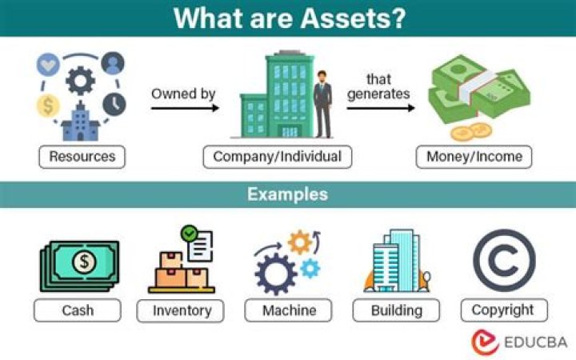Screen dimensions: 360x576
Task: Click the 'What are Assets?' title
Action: (288, 18)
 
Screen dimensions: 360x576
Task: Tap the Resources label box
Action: (82, 157)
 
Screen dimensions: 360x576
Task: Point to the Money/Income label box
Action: (474, 157)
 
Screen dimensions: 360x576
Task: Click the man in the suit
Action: (322, 103)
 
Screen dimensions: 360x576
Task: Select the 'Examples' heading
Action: (287, 194)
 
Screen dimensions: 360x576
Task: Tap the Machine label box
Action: (288, 310)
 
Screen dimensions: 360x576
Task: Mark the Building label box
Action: (397, 310)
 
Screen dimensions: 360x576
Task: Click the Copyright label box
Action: (503, 310)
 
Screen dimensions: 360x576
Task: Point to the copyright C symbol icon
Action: (504, 260)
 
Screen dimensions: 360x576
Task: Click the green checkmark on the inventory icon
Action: (190, 234)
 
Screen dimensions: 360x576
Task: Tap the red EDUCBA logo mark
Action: (485, 342)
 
